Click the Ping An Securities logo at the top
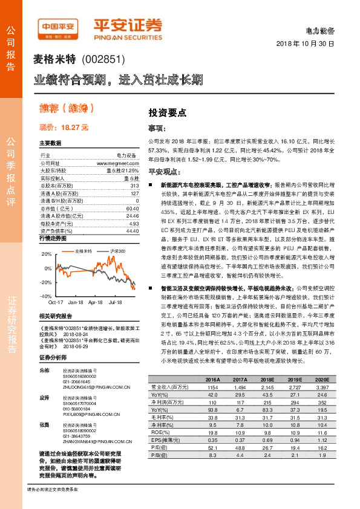(x=126, y=26)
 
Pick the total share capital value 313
(x=134, y=185)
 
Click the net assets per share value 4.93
(x=134, y=223)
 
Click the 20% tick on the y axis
(x=47, y=254)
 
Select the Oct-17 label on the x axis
(x=56, y=300)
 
